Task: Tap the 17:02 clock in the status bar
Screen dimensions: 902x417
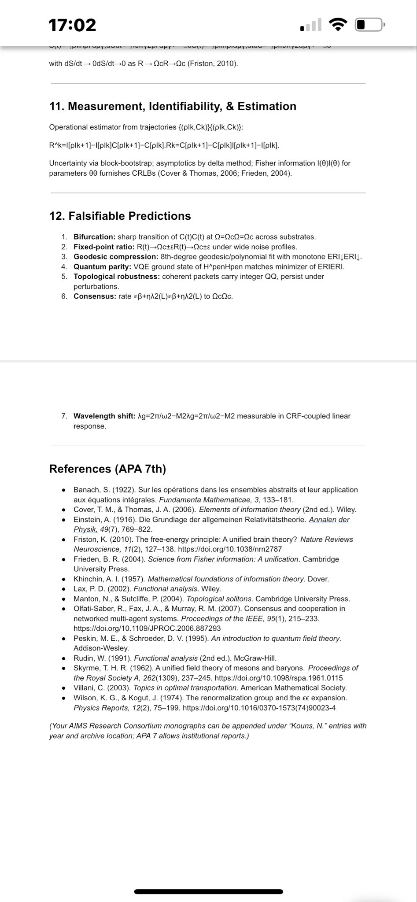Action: pos(72,25)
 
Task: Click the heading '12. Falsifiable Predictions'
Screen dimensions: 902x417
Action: pos(120,216)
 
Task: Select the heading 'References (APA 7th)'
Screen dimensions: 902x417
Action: pos(107,469)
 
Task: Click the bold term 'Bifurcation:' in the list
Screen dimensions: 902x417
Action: pos(95,237)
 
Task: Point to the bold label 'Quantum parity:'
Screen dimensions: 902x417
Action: pos(102,266)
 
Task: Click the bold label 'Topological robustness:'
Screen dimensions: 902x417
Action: pos(117,277)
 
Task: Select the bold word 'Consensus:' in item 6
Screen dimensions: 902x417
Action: pos(95,296)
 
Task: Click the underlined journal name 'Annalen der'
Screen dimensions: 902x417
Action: pos(329,520)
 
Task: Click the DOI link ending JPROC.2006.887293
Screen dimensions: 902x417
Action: pos(147,628)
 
